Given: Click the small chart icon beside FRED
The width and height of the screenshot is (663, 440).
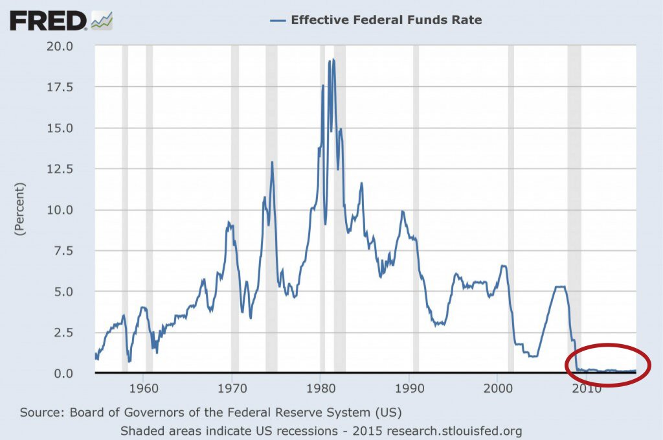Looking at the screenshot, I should click(x=102, y=21).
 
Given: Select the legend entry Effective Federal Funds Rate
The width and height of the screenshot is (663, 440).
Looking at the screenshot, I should click(x=386, y=20).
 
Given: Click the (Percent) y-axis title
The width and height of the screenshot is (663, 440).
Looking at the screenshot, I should click(x=19, y=209).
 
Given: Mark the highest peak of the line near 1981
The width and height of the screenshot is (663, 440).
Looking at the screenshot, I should click(x=335, y=60).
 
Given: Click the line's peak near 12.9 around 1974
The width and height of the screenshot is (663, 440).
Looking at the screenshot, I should click(x=272, y=162).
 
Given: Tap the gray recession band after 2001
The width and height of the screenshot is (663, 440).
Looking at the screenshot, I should click(x=511, y=207).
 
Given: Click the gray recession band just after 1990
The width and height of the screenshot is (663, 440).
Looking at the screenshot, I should click(x=416, y=207).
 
